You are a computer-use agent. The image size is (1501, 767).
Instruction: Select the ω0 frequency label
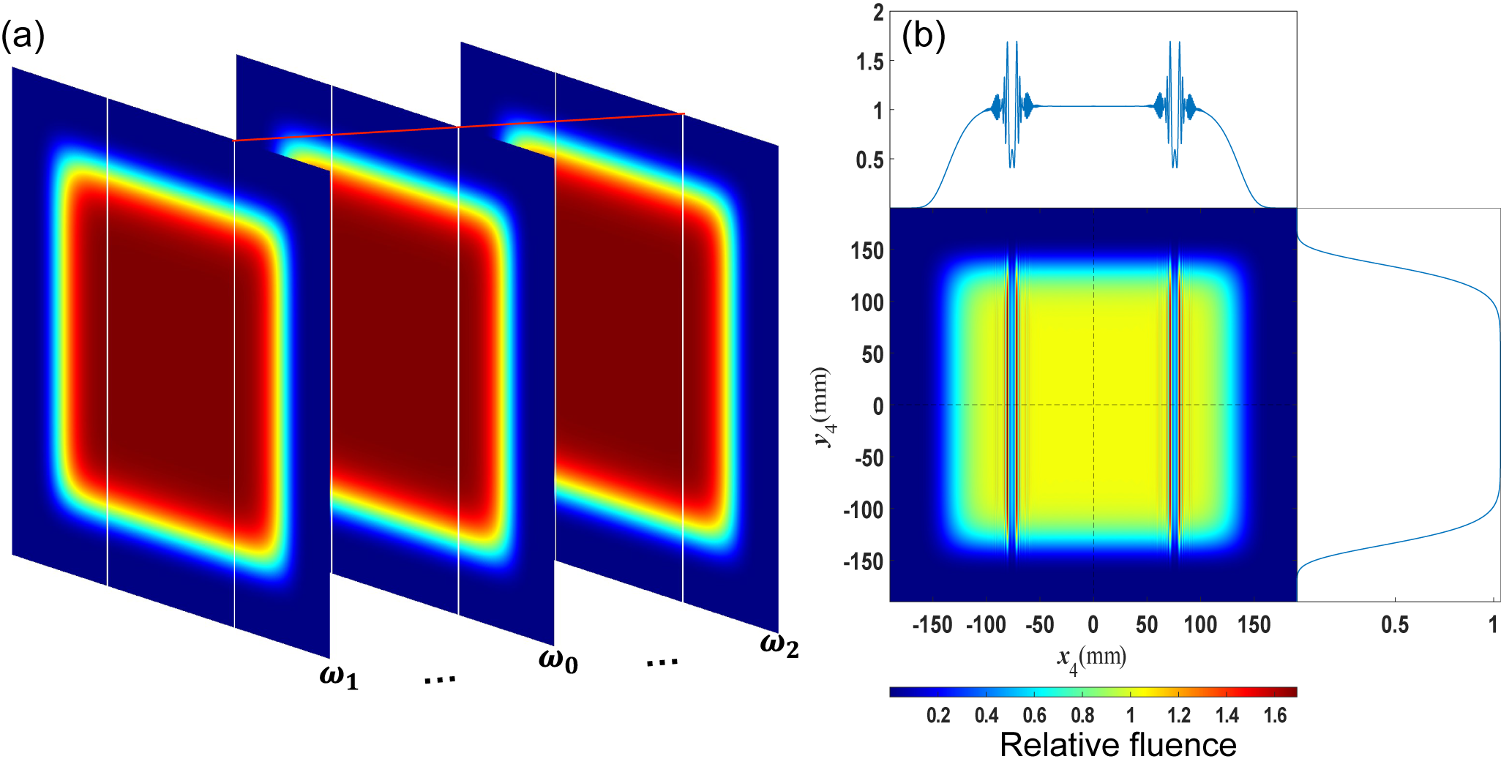(x=558, y=660)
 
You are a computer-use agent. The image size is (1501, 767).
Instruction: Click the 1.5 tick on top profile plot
(x=869, y=62)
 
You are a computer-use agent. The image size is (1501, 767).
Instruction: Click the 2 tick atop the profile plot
(x=877, y=13)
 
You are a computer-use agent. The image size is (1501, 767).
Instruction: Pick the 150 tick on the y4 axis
(x=867, y=251)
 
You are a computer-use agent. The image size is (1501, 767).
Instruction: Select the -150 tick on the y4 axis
(x=864, y=561)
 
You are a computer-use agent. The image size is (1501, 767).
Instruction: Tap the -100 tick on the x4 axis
(x=986, y=625)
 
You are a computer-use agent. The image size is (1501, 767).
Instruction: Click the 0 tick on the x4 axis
(x=1093, y=625)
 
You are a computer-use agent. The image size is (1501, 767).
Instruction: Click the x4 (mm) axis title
(x=1091, y=659)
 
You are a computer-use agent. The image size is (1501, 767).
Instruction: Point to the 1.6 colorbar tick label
(x=1274, y=715)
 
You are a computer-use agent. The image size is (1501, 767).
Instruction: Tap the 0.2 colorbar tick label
(x=938, y=715)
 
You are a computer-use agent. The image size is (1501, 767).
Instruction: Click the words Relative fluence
(x=1118, y=745)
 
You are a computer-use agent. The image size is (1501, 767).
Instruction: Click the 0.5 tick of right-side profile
(x=1394, y=625)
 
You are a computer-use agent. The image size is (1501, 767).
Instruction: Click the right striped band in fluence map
(x=1174, y=406)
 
